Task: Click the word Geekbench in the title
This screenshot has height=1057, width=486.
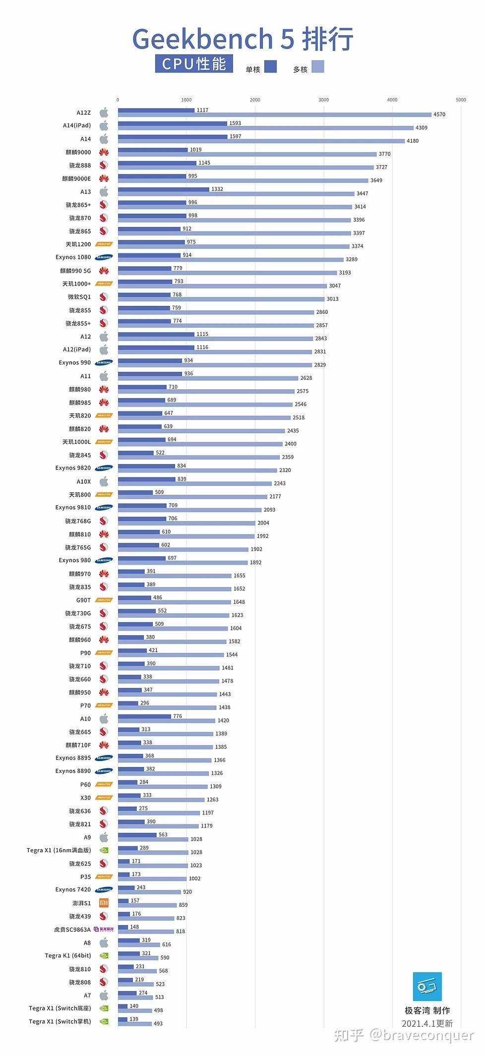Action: coord(202,39)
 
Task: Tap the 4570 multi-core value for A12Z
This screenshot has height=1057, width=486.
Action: coord(439,115)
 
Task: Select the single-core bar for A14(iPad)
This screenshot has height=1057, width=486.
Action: coord(172,123)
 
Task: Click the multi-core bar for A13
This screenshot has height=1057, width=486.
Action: coord(236,193)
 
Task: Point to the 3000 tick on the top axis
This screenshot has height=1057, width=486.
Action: coord(323,100)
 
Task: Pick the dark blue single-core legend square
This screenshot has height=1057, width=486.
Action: coord(270,66)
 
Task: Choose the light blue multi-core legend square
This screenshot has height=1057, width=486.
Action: coord(318,66)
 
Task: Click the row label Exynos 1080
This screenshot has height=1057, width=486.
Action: coord(73,257)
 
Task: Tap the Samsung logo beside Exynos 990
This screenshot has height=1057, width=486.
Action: coord(104,362)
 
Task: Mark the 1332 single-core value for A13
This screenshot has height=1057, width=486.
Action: coord(217,189)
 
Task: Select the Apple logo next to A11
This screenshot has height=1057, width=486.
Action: coord(104,376)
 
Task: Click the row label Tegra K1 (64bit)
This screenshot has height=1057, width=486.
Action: coord(67,955)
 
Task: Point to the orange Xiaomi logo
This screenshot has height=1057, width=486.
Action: coord(104,903)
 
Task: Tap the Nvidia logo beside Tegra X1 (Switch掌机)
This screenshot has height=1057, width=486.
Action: coord(104,1021)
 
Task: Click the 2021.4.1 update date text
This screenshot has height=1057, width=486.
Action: coord(427,1023)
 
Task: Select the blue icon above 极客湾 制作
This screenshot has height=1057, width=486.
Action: coord(427,986)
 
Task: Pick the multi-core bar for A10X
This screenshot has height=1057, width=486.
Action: coord(195,483)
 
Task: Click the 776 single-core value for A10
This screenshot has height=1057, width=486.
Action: coord(177,716)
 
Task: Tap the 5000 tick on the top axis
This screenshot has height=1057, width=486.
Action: coord(461,100)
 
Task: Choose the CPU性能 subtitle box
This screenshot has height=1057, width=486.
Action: coord(194,64)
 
